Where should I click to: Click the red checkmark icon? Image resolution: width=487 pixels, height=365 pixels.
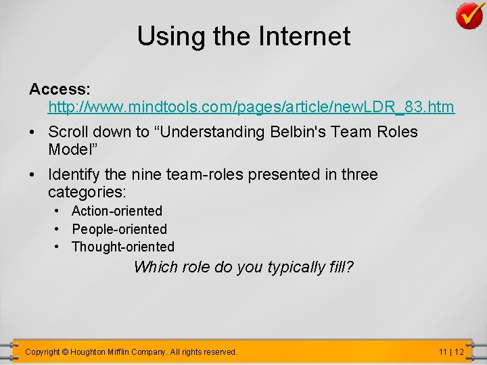pyautogui.click(x=469, y=16)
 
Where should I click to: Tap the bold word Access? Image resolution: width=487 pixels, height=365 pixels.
pyautogui.click(x=60, y=89)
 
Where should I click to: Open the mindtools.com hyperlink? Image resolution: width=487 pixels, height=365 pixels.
pyautogui.click(x=251, y=107)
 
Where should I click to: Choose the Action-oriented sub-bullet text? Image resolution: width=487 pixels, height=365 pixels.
pyautogui.click(x=117, y=211)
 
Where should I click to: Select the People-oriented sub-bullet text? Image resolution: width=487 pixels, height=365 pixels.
pyautogui.click(x=119, y=229)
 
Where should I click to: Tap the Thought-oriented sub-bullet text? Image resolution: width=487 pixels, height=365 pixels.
pyautogui.click(x=123, y=247)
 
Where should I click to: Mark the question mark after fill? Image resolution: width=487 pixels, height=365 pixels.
pyautogui.click(x=350, y=267)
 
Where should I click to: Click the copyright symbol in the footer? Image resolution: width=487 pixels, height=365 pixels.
pyautogui.click(x=65, y=351)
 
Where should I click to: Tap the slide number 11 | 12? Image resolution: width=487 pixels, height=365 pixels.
pyautogui.click(x=451, y=351)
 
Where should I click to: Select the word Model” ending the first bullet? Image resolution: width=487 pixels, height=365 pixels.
pyautogui.click(x=71, y=149)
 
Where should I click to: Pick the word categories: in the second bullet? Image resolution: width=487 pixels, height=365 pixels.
pyautogui.click(x=87, y=192)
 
